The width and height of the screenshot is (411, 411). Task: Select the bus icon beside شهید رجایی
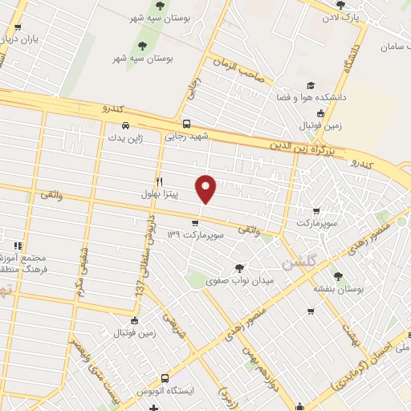(x=187, y=124)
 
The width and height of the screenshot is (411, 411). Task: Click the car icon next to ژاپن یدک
(x=125, y=125)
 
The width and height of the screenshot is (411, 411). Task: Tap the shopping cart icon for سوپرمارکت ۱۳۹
(x=196, y=222)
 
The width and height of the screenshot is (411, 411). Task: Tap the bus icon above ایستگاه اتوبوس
(x=165, y=378)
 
